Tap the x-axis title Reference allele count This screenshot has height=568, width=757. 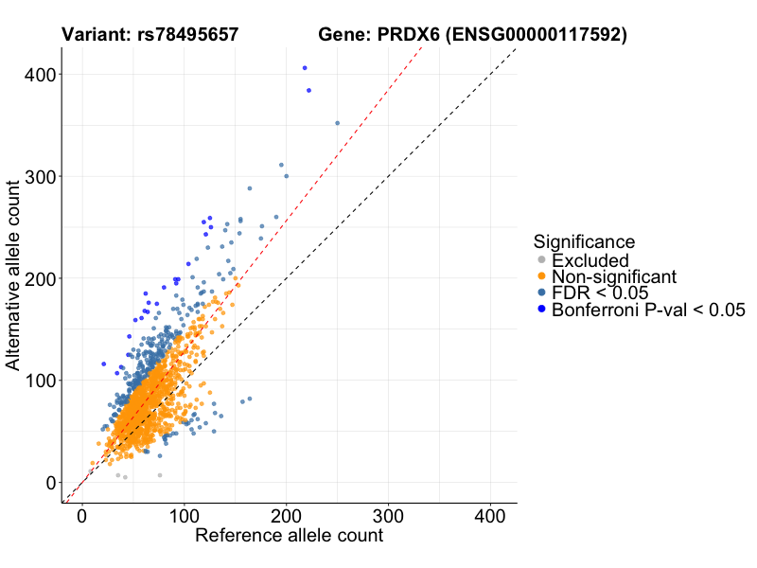(289, 536)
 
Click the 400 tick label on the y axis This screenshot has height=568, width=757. (38, 74)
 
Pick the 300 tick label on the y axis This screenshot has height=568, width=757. (38, 176)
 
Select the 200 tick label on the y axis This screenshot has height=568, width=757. (38, 278)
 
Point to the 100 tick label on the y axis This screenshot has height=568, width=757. (38, 381)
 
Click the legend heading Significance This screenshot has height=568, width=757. (583, 241)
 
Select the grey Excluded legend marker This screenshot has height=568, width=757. (541, 260)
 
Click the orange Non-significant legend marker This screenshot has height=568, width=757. (541, 276)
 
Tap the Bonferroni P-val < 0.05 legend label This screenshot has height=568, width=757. (649, 310)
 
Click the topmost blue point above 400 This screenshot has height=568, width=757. (305, 68)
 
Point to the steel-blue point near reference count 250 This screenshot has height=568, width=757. (338, 123)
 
